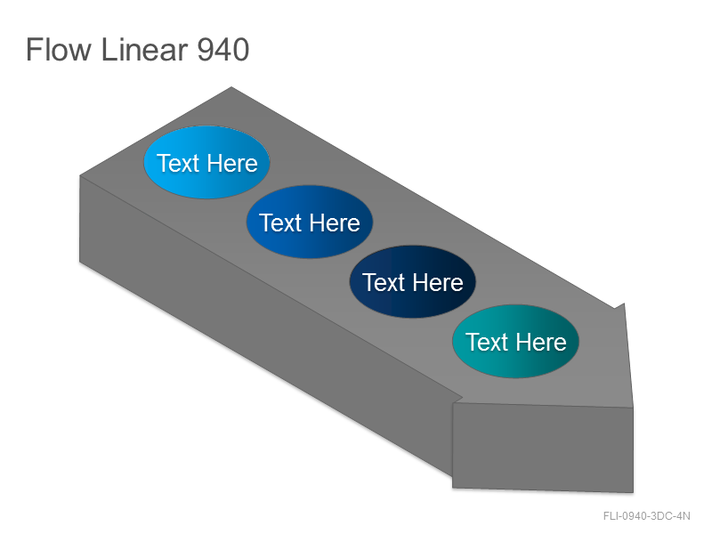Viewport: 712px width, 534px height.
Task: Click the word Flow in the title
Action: pos(59,50)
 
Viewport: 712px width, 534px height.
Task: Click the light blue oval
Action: pos(207,162)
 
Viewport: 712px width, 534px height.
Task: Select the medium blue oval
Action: pos(310,222)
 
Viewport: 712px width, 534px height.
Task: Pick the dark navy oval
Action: pos(413,281)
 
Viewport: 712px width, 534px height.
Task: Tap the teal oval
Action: pos(516,341)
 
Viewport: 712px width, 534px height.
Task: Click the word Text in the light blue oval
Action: pos(178,163)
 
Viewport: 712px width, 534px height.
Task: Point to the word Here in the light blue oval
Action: pos(232,163)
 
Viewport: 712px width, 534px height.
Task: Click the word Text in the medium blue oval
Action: pos(280,223)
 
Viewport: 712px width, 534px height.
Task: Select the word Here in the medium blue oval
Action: pos(336,223)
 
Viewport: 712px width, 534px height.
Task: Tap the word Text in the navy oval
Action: pos(384,282)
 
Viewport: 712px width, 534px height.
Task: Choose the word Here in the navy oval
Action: pos(438,282)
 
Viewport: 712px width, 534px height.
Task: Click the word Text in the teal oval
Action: pos(487,342)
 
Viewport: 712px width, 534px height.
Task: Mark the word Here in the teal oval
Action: pos(541,342)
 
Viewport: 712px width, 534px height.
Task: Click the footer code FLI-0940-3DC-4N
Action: pos(647,516)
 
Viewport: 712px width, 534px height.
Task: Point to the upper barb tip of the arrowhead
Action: pos(625,303)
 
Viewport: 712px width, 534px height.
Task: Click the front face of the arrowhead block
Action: pos(543,448)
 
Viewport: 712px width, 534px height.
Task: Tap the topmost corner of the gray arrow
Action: pos(231,86)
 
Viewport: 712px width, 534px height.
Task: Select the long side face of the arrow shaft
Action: pos(265,325)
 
